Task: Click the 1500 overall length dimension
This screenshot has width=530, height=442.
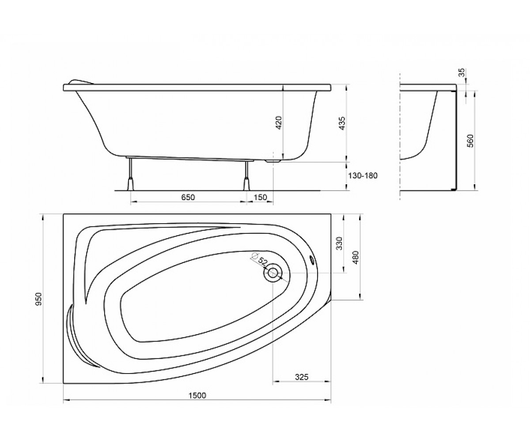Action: pyautogui.click(x=197, y=396)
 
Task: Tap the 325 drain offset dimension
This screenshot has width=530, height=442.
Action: pyautogui.click(x=302, y=377)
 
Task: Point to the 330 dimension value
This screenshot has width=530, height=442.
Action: pyautogui.click(x=339, y=244)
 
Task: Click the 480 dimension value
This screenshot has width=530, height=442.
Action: pyautogui.click(x=356, y=257)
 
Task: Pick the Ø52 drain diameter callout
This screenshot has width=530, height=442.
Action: pyautogui.click(x=259, y=260)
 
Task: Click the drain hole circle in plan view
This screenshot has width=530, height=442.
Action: pyautogui.click(x=273, y=273)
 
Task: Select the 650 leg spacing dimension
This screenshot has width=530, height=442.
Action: pyautogui.click(x=188, y=197)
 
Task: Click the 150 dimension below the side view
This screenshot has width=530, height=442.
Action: pyautogui.click(x=261, y=197)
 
